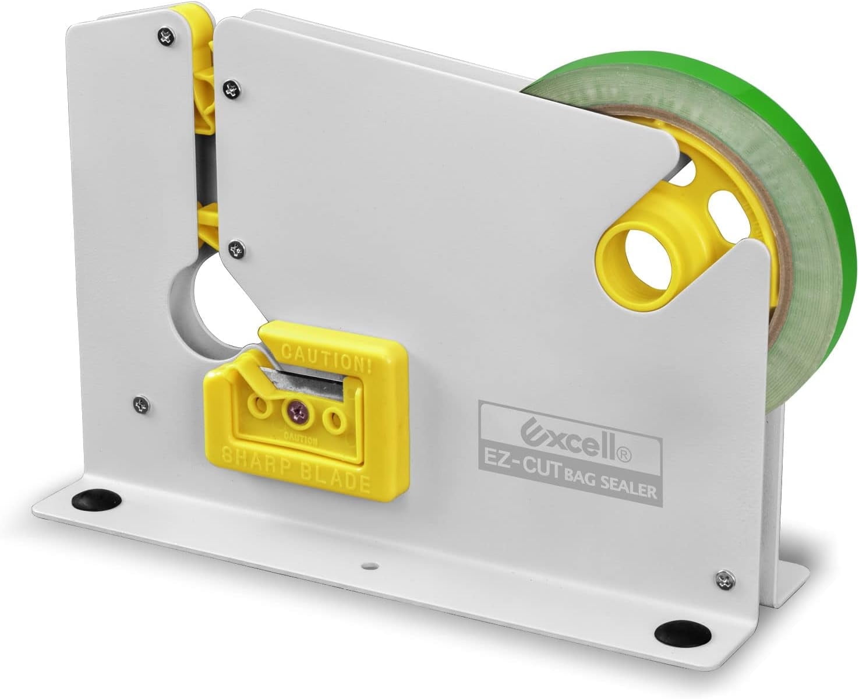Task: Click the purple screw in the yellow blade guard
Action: click(x=298, y=415)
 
